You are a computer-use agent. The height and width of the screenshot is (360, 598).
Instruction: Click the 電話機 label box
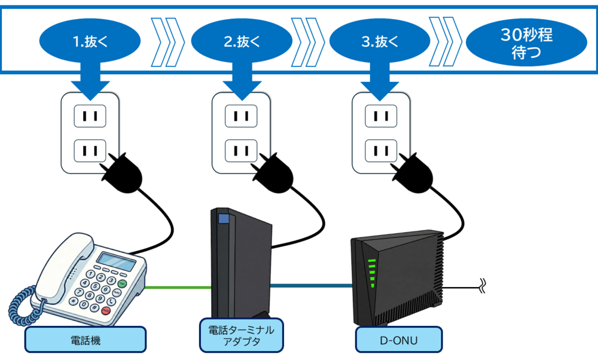coord(86,340)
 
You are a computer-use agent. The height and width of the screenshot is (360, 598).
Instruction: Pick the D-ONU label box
coord(399,340)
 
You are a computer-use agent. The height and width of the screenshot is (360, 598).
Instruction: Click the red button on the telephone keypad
coord(106,310)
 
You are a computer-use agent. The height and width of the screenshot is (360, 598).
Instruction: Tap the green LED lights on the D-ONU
coord(372,272)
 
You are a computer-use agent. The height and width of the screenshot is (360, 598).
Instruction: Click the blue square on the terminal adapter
coord(223,219)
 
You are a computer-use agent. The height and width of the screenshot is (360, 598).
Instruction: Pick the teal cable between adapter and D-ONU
coord(311,286)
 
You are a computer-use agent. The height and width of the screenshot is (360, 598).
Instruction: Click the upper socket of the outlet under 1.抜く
coord(90,115)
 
